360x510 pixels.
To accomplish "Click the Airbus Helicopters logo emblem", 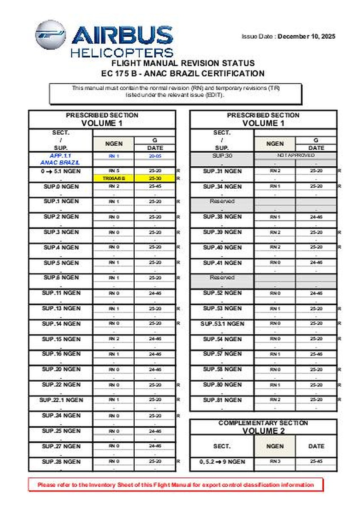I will coord(50,34).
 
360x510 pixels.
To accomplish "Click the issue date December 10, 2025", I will coord(306,37).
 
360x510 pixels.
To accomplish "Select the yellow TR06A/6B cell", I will coord(113,178).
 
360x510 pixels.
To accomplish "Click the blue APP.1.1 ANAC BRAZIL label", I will coord(60,159).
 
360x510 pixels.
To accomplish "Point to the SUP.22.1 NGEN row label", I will coord(61,400).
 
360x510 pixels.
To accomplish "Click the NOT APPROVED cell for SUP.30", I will coord(295,156).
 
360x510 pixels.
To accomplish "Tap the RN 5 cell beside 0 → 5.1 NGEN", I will coord(113,171).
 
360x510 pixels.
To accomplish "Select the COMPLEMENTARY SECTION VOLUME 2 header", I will coord(263,427).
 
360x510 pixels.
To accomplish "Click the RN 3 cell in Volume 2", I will coord(275,461).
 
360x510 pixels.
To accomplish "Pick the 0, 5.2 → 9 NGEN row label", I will coord(222,462).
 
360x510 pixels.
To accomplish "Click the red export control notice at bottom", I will coord(176,485).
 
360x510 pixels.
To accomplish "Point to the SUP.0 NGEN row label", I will coord(61,186).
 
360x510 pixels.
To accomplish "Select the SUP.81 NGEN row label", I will coord(222,400).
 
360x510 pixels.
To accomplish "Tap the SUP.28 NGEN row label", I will coord(61,461).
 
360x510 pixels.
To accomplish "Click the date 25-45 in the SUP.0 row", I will coord(155,186).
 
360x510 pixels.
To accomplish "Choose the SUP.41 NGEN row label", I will coord(222,263).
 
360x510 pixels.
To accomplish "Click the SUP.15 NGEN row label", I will coord(61,339).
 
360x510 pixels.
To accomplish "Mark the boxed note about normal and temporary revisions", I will coord(176,91).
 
